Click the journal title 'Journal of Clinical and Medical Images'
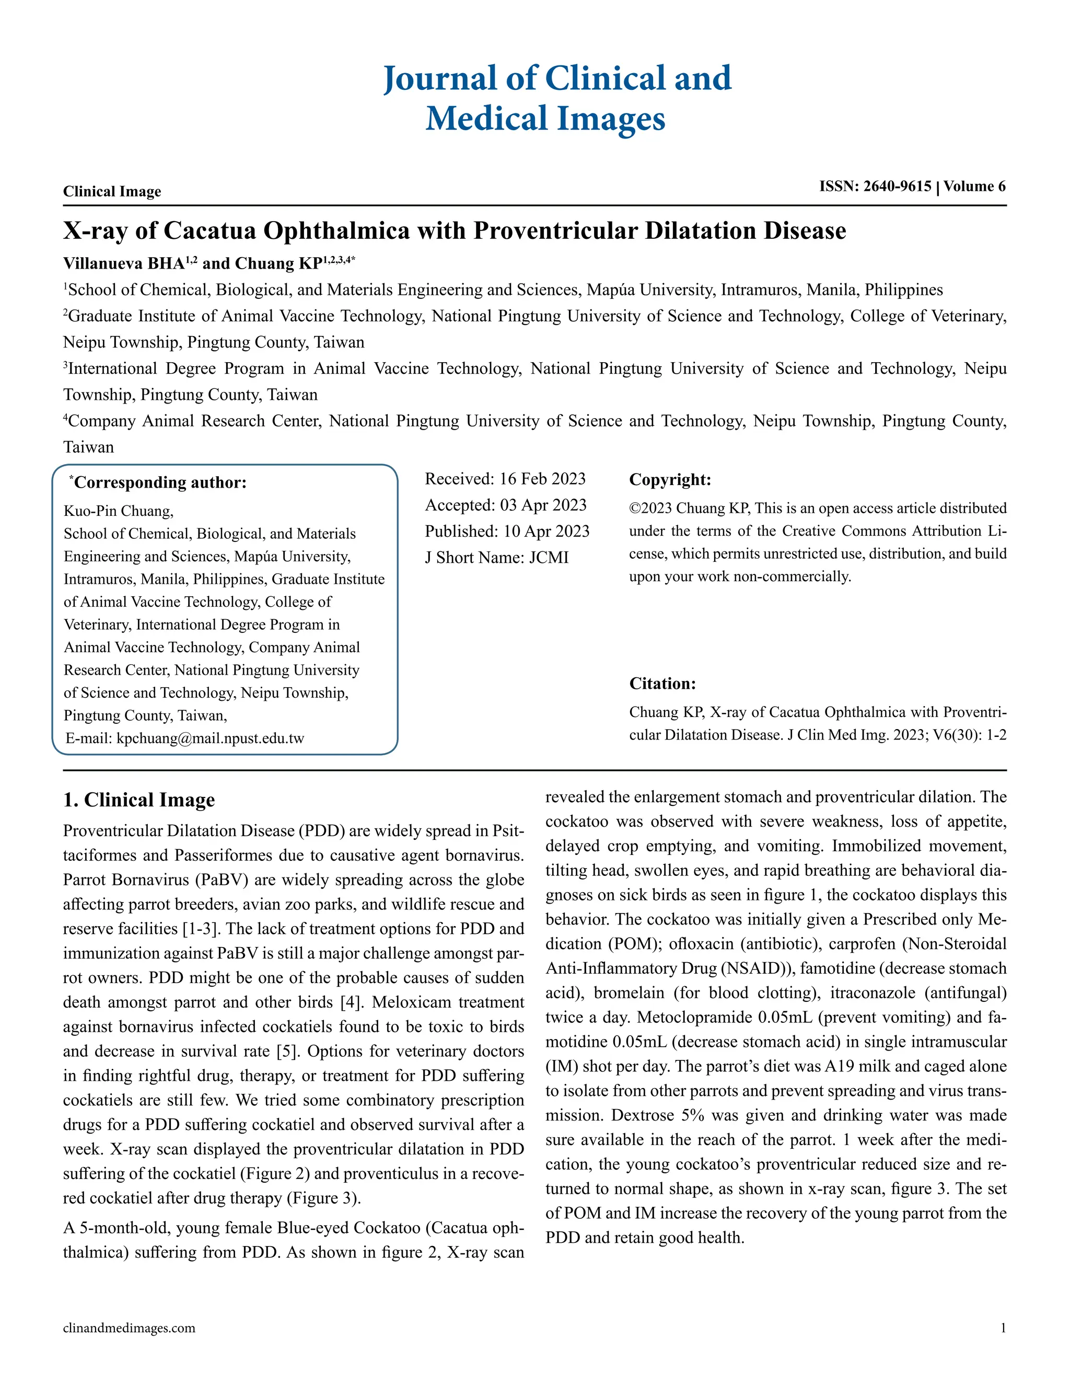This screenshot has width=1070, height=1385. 556,98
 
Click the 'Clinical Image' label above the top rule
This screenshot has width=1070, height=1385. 112,191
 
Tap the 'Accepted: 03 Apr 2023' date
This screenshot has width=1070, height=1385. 505,505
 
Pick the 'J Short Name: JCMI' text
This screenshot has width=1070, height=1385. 496,558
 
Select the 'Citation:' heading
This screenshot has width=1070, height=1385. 662,684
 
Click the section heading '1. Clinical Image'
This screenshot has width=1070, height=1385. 139,800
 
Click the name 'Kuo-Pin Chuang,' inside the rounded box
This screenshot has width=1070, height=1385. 119,511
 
